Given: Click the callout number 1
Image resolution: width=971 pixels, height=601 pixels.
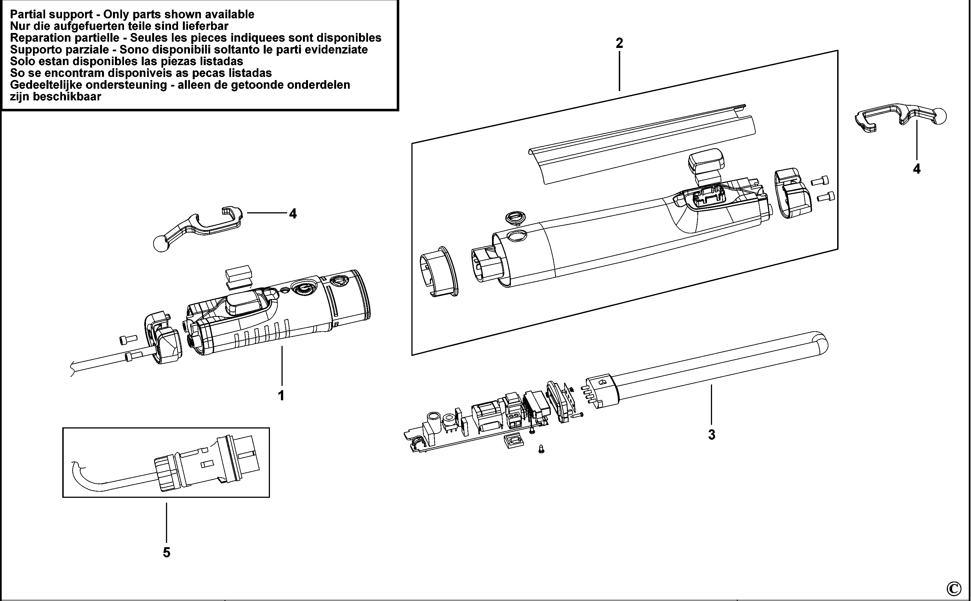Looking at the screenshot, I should click(x=281, y=396).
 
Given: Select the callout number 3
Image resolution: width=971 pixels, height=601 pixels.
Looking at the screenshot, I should click(x=711, y=435).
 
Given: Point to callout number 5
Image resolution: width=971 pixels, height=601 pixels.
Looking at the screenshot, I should click(x=167, y=553).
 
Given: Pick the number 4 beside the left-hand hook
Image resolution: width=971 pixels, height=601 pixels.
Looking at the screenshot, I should click(x=293, y=214).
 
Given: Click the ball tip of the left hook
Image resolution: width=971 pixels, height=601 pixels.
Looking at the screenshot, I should click(x=161, y=243).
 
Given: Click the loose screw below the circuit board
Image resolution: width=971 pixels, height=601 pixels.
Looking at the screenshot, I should click(x=541, y=449).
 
